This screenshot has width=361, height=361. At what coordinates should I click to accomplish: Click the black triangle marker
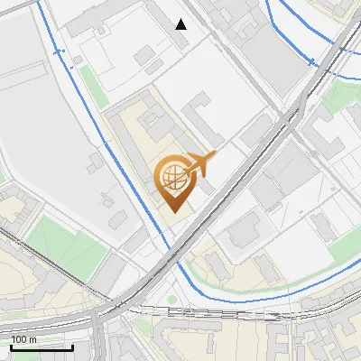coord(181,24)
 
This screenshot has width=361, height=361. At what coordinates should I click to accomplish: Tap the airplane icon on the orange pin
coord(201,164)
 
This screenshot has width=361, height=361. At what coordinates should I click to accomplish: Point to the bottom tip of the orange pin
coord(172,212)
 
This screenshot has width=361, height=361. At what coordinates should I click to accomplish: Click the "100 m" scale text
coord(23,338)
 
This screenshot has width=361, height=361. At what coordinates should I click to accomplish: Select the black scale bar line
coord(42,347)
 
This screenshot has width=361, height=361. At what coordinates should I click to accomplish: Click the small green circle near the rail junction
coord(172,300)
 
